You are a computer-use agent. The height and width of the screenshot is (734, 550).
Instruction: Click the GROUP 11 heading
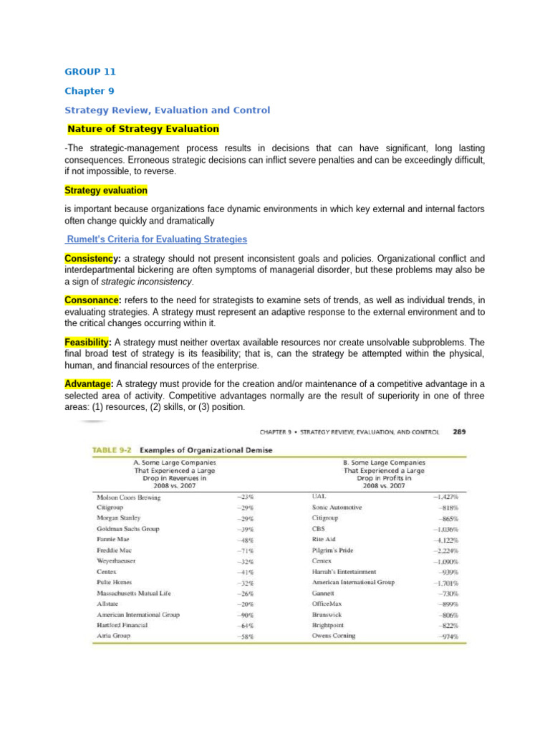coord(90,72)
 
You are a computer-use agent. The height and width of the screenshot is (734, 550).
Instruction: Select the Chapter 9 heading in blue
coord(90,91)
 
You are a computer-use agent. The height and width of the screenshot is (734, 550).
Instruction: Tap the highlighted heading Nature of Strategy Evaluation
coord(143,129)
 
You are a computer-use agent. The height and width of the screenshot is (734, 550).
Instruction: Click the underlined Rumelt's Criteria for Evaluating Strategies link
coord(156,239)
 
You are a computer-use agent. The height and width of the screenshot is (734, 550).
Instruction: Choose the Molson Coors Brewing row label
coord(129,497)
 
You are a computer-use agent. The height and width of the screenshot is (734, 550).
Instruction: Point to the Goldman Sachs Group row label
coord(129,528)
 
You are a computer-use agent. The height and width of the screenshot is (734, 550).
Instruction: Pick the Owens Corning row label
coord(334,635)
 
